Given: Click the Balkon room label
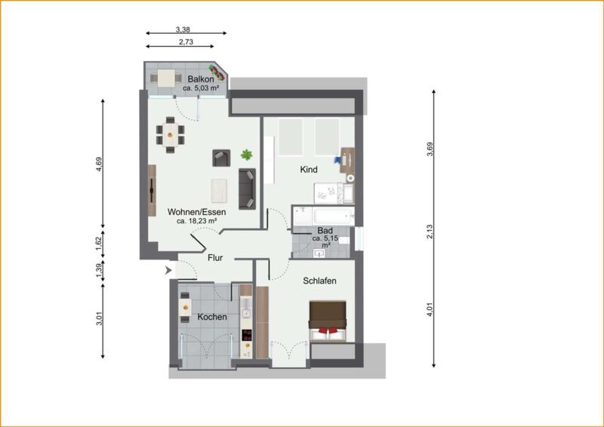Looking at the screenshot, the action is click(x=201, y=79).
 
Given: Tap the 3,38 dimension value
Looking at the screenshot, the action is click(x=183, y=29).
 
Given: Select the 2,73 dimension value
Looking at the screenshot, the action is click(x=186, y=42).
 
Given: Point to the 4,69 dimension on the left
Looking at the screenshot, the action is click(x=100, y=164).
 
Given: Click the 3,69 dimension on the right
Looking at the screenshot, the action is click(x=430, y=149).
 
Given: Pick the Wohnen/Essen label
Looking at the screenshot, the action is click(x=197, y=212).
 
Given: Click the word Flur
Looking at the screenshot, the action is click(x=215, y=258).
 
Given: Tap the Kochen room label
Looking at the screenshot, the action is click(x=212, y=317).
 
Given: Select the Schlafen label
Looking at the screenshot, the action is click(x=319, y=281).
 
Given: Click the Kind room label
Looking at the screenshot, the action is click(x=309, y=170).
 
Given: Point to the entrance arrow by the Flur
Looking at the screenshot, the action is click(x=168, y=271).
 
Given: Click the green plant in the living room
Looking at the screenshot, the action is click(x=247, y=155).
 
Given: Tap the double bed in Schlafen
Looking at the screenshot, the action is click(x=328, y=321).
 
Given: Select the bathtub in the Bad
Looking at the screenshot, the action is click(x=334, y=216).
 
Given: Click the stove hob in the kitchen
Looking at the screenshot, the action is click(x=247, y=335).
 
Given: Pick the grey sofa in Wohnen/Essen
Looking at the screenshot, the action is click(x=247, y=189).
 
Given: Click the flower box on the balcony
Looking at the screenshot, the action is click(x=217, y=72).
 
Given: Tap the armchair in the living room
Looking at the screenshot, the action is click(x=221, y=158).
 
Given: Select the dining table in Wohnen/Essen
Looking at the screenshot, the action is click(x=170, y=135).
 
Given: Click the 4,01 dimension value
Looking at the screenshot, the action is click(x=430, y=310).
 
